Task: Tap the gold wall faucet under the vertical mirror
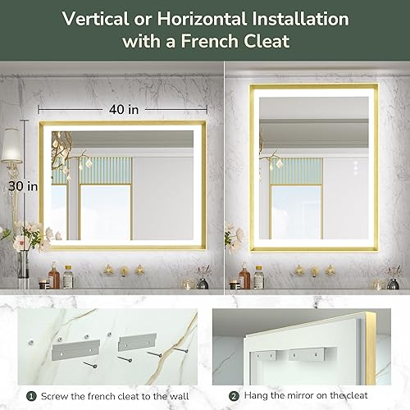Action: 313,270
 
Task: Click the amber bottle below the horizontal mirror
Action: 54,277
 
